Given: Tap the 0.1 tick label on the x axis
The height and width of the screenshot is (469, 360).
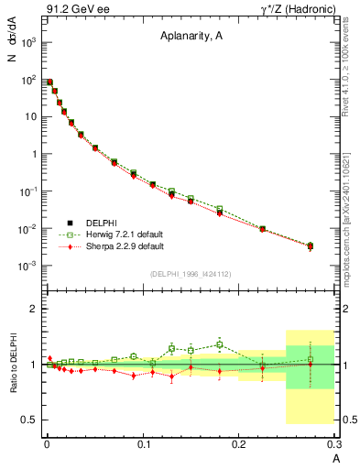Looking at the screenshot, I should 143,448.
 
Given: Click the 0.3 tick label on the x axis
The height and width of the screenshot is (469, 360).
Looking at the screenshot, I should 335,448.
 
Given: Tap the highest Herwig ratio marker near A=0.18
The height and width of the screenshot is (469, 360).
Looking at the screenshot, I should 220,344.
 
